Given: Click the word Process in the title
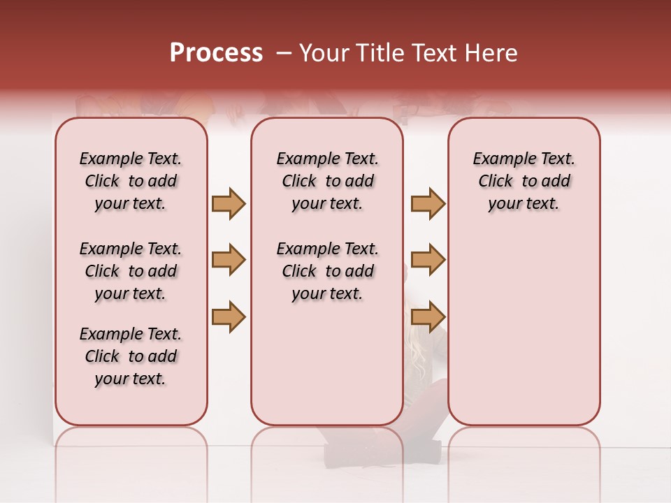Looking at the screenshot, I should pyautogui.click(x=216, y=53).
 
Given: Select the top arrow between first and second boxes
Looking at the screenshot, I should pyautogui.click(x=229, y=203).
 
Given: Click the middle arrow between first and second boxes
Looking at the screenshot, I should pyautogui.click(x=229, y=260).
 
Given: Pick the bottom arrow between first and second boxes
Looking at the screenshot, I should pyautogui.click(x=229, y=316).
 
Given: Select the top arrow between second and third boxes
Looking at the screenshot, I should pyautogui.click(x=428, y=203).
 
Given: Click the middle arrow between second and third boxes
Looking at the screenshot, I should pyautogui.click(x=428, y=260).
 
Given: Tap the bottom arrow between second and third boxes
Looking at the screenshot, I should pyautogui.click(x=428, y=316).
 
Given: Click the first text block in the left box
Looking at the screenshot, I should pyautogui.click(x=131, y=181).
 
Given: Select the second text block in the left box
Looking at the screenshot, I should pyautogui.click(x=131, y=271).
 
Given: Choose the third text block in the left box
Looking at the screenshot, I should pyautogui.click(x=131, y=356).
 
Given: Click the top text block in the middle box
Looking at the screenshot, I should pyautogui.click(x=327, y=181).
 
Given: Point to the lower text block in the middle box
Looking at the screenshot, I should pyautogui.click(x=327, y=271).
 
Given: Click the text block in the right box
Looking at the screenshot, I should pyautogui.click(x=524, y=181).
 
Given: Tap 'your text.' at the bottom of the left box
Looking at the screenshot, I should pyautogui.click(x=131, y=379).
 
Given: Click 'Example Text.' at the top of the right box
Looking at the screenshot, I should pyautogui.click(x=524, y=159).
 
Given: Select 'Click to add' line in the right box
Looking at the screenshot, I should pyautogui.click(x=524, y=181).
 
